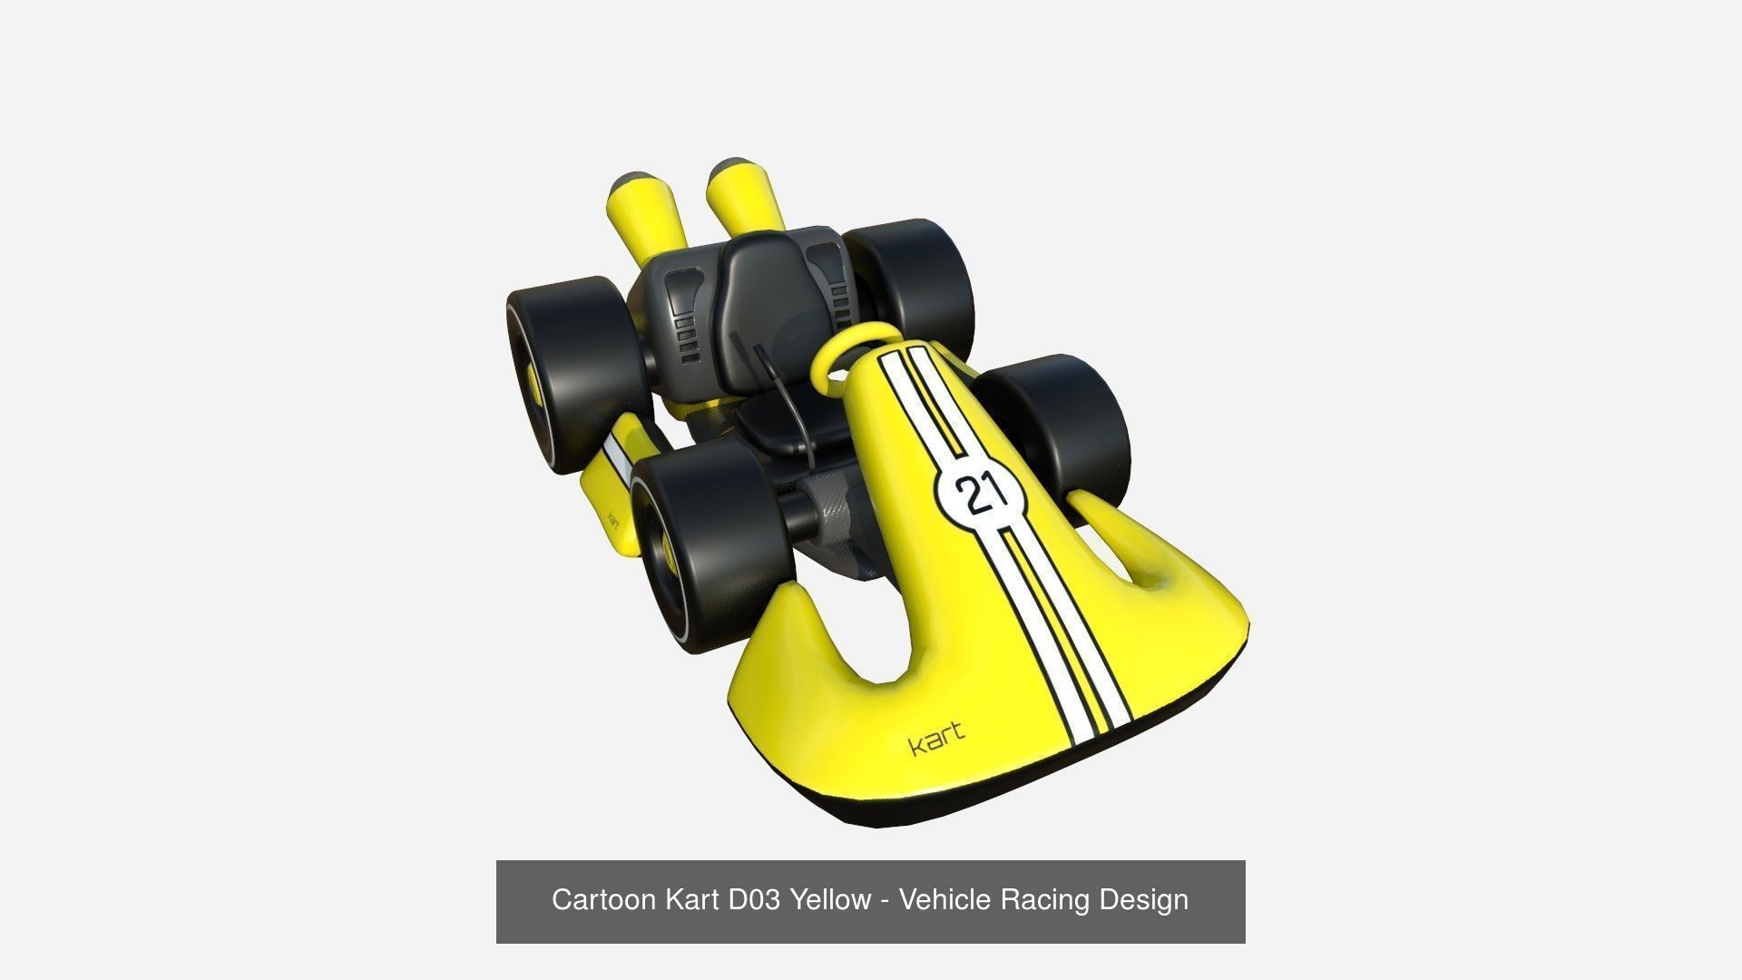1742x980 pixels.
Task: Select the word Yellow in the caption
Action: [829, 900]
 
